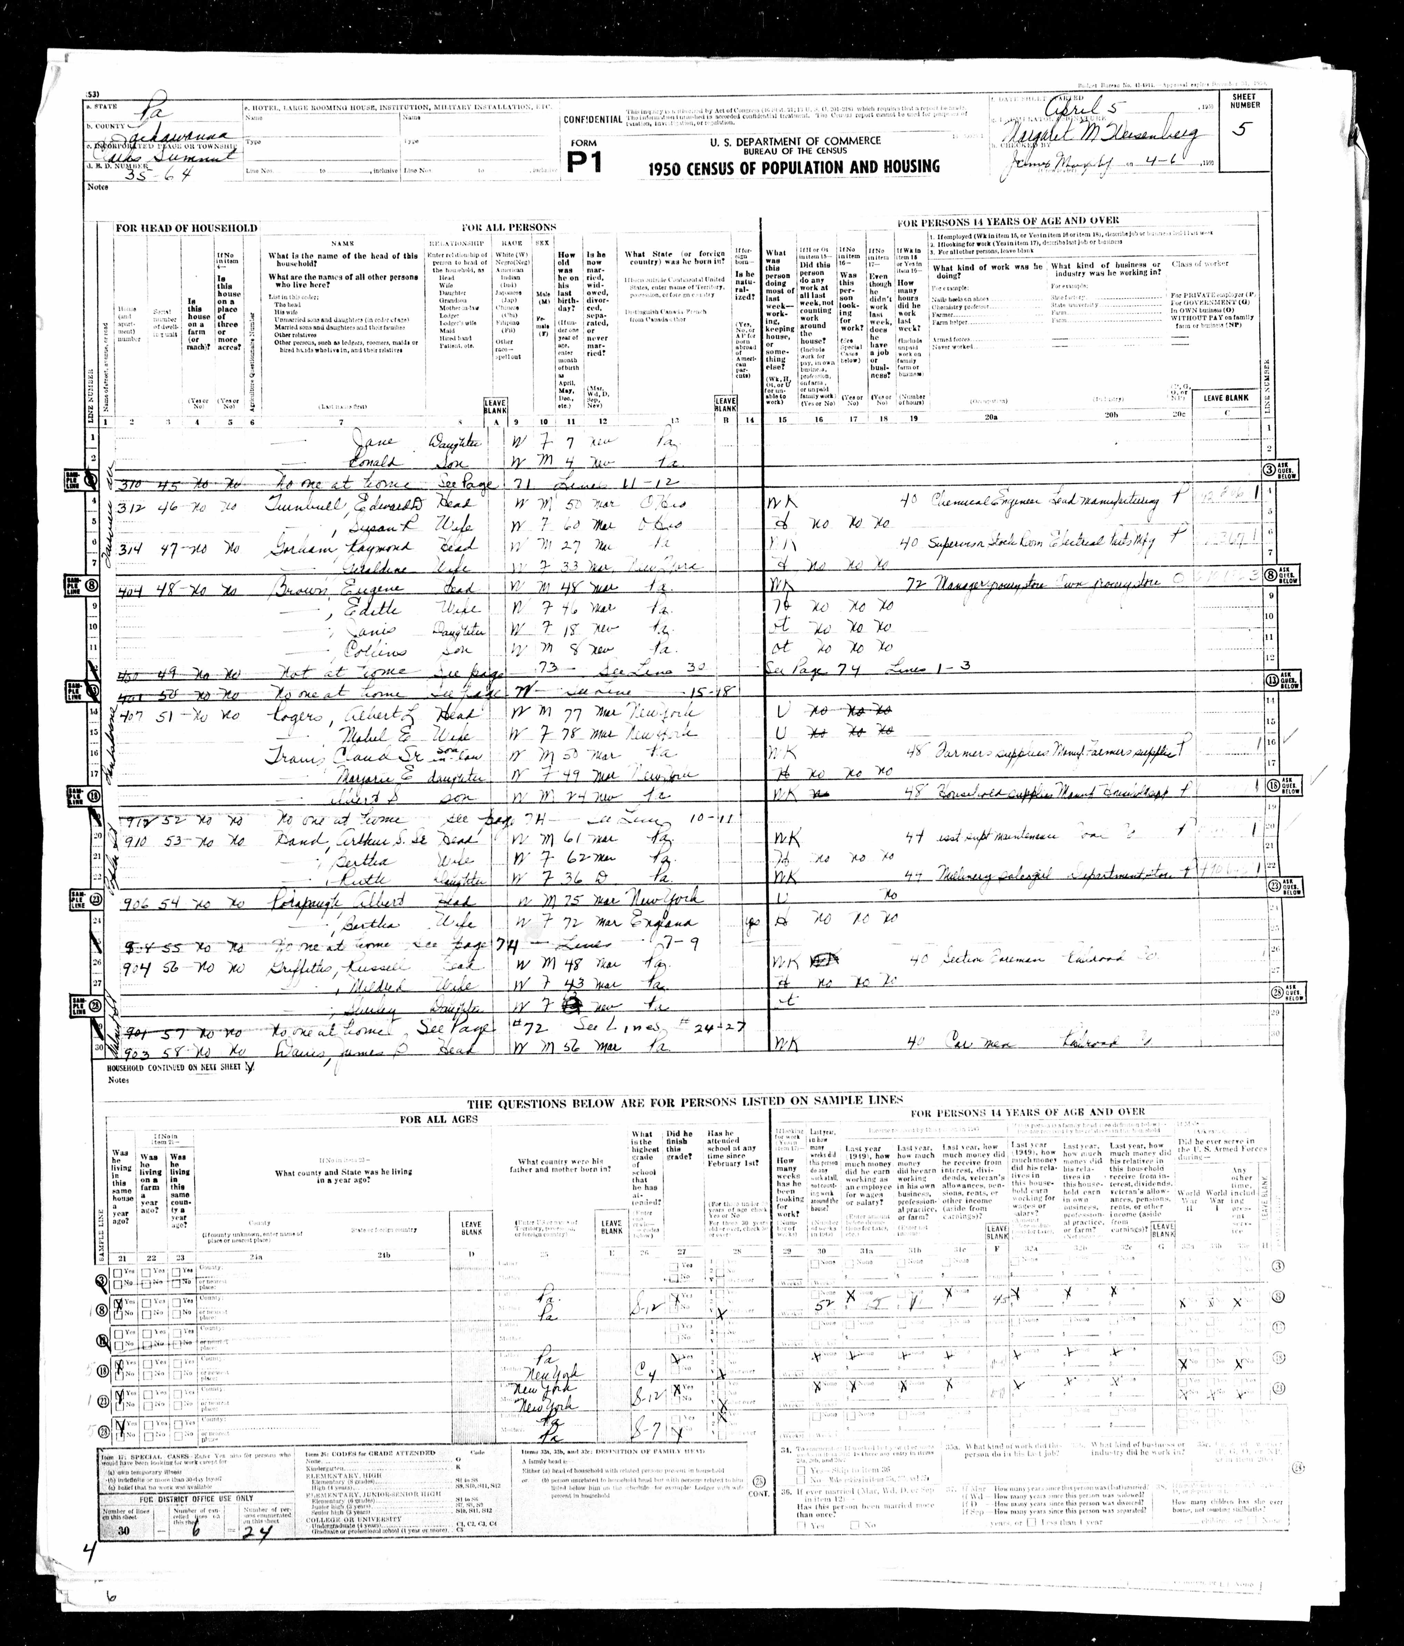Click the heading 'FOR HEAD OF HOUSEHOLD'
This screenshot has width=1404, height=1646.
pyautogui.click(x=186, y=228)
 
